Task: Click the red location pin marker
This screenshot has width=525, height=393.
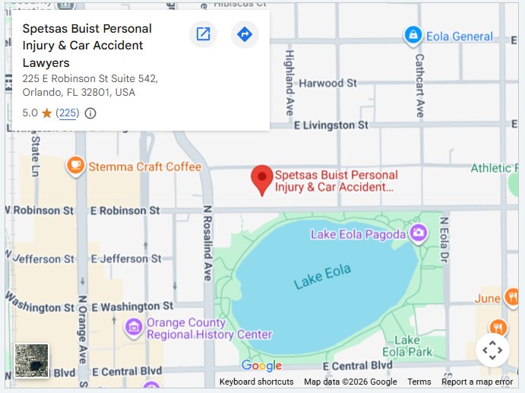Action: (x=262, y=179)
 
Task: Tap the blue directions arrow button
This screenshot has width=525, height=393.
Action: (x=245, y=34)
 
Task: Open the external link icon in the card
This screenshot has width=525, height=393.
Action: (x=203, y=34)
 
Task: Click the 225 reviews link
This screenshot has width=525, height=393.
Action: (x=68, y=113)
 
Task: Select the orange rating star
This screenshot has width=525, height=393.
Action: (x=46, y=113)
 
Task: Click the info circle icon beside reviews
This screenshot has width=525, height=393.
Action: (x=90, y=113)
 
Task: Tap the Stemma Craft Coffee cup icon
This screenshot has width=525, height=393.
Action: (x=75, y=166)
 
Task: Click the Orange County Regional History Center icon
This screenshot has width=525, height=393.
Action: (x=134, y=328)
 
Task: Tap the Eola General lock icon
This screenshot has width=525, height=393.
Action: (x=413, y=35)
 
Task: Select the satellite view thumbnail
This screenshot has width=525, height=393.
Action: (x=31, y=360)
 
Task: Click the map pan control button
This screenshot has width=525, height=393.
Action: (x=492, y=350)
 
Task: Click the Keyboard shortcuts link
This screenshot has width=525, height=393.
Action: (x=256, y=382)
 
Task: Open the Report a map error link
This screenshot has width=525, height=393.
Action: (x=477, y=382)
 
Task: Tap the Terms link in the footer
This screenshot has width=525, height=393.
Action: (x=419, y=382)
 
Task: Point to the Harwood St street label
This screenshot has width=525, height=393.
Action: (x=328, y=83)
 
